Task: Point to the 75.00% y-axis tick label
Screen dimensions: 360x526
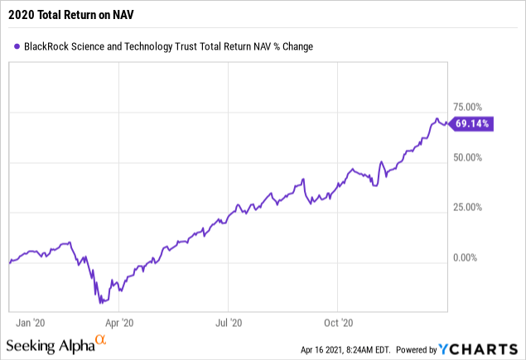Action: [x=468, y=107]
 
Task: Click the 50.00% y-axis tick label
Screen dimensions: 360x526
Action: [x=468, y=157]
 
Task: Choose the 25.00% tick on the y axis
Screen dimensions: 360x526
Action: [x=468, y=208]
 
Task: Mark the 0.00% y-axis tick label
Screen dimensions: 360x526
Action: [x=471, y=258]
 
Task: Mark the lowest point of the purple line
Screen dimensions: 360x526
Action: [x=99, y=303]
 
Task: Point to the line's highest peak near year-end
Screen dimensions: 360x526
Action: [x=437, y=119]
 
